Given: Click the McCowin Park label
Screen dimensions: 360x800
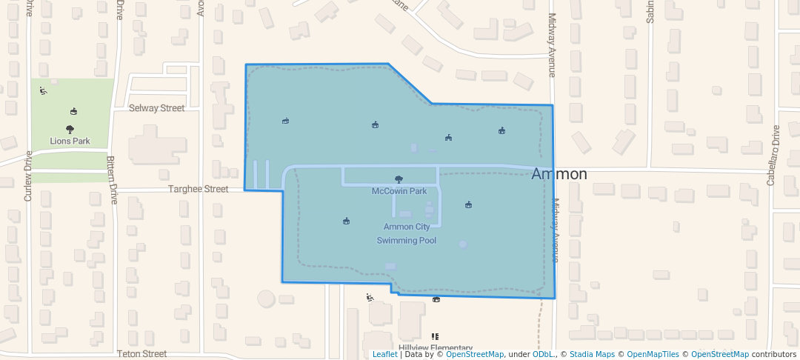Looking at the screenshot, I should click(x=399, y=191).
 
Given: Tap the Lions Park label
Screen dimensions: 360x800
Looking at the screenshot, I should click(x=70, y=141).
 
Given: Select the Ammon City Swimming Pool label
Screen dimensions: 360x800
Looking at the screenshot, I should click(x=406, y=233).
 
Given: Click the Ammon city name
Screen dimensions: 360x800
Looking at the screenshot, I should click(x=559, y=174).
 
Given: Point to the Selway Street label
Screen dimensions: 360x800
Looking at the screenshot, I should click(x=156, y=108).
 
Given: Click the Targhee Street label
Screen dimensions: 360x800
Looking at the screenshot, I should click(x=199, y=190).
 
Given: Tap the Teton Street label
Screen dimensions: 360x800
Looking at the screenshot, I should click(x=141, y=354).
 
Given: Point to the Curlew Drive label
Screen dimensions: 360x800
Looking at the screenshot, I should click(x=28, y=176).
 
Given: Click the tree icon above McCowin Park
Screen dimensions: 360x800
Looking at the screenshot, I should click(x=399, y=179).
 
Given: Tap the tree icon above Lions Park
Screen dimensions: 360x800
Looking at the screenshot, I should click(x=70, y=129).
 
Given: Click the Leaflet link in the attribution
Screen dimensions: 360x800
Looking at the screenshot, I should click(x=384, y=354).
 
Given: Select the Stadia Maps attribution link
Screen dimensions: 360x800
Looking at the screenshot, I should click(x=592, y=354).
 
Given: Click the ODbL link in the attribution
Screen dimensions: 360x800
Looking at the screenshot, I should click(x=543, y=354).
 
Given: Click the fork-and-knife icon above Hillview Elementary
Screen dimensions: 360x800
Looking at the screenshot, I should click(x=435, y=336).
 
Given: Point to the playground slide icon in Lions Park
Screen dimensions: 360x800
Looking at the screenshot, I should click(x=43, y=91).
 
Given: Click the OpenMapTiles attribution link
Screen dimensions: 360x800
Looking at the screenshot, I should click(x=650, y=354).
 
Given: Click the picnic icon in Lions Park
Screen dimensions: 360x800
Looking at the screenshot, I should click(x=73, y=112).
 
